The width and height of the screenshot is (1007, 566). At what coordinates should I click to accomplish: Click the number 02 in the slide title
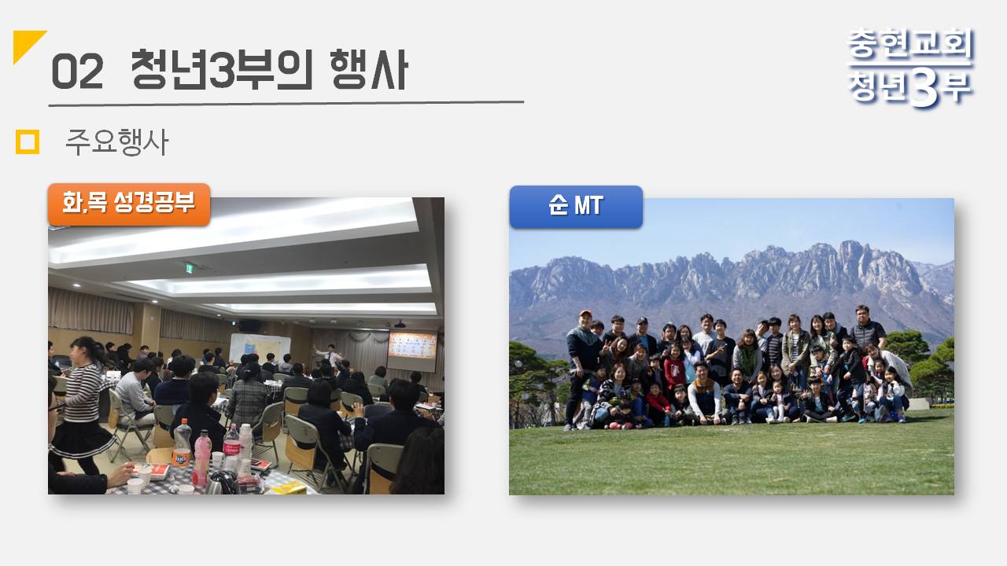coord(77,72)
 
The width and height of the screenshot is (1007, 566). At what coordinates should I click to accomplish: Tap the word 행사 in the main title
coord(369,70)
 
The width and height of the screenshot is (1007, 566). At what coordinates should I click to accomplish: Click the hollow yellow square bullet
coord(28,142)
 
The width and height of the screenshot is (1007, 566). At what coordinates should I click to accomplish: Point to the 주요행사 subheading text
coord(117,142)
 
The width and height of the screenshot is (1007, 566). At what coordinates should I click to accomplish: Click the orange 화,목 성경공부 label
coord(129,204)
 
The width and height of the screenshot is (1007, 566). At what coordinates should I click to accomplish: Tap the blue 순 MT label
coord(576,206)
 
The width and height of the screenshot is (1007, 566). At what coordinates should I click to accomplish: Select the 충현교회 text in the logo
coord(910,43)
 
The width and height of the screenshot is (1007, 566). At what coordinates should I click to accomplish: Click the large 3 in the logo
coord(924,89)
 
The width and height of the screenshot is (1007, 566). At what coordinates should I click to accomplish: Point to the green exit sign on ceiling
coord(190,268)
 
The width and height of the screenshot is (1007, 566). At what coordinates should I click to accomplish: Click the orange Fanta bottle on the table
coord(182,444)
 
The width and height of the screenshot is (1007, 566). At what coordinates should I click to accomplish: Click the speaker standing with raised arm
coord(330,354)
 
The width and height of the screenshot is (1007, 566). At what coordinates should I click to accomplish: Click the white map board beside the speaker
coord(260,347)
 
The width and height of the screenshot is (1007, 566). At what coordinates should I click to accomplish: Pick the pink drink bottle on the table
coord(202,458)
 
